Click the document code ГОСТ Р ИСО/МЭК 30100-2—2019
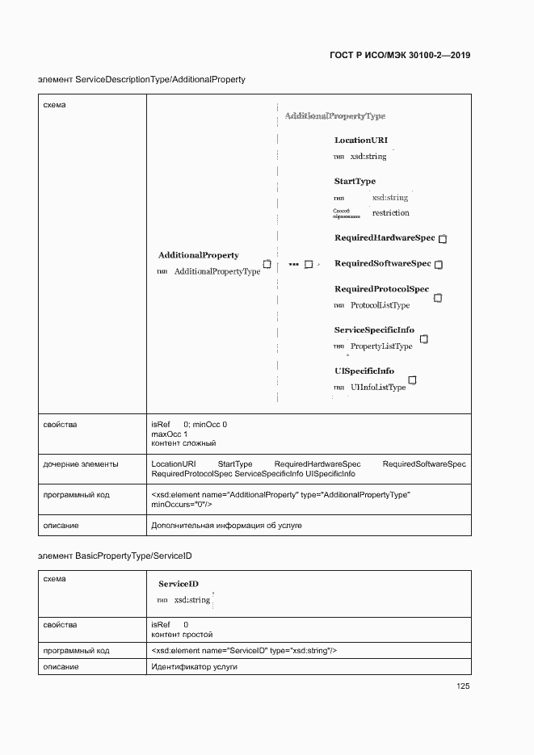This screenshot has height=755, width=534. point(400,56)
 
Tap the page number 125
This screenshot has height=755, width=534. point(463,686)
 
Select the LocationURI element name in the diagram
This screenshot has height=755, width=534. point(360,141)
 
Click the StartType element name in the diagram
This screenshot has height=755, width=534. point(355,181)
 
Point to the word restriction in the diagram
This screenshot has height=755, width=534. point(390,213)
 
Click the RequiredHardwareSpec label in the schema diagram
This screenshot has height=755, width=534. point(385,238)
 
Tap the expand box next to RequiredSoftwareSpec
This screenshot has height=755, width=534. point(439,264)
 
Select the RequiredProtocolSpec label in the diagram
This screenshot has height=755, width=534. point(381,289)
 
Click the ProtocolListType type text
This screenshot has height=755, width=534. point(380,305)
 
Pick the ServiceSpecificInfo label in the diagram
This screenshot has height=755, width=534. point(374,330)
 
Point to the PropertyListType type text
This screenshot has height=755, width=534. point(381,346)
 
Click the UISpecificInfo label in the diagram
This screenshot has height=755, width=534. point(364,371)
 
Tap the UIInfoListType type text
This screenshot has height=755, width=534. point(377,388)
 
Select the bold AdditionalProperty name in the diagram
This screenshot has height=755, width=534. point(198,255)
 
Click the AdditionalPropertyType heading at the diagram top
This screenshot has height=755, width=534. point(334,116)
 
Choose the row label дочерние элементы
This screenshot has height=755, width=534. point(81,464)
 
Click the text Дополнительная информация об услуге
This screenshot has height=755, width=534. point(226,526)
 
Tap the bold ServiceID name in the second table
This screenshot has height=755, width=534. point(179,584)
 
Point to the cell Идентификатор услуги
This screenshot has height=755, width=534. point(194,667)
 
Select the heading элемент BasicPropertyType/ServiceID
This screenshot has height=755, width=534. point(115,556)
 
